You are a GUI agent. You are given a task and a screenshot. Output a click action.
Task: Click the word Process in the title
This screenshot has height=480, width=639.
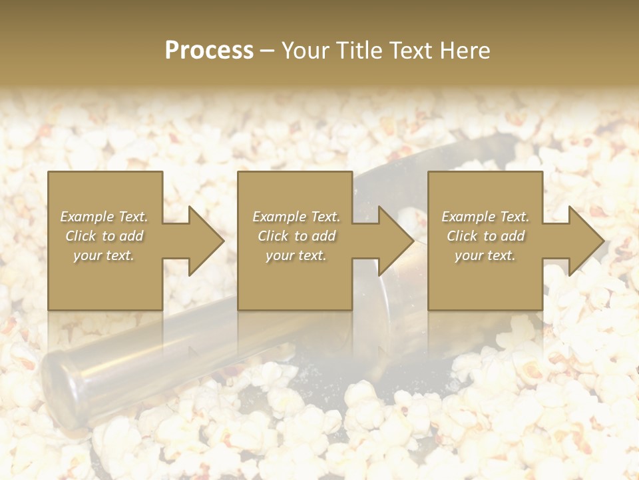[209, 51]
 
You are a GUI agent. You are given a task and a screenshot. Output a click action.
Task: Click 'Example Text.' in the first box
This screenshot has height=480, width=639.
[105, 217]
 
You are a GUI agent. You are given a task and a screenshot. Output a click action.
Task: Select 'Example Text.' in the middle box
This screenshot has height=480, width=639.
[296, 217]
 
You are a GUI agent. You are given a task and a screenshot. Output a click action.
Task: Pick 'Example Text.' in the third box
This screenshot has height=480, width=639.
[485, 217]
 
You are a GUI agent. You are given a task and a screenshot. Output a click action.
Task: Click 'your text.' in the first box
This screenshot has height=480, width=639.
[104, 255]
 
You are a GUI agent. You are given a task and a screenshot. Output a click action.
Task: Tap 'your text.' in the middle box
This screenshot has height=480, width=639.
[296, 255]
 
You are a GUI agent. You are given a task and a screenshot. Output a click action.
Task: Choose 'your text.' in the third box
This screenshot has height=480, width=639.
[485, 255]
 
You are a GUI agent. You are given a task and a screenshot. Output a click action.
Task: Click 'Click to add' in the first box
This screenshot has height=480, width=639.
[105, 236]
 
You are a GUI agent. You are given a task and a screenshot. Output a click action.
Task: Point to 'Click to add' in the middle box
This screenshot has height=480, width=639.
[296, 236]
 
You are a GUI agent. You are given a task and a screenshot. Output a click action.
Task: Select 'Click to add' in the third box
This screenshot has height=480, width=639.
[485, 236]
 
